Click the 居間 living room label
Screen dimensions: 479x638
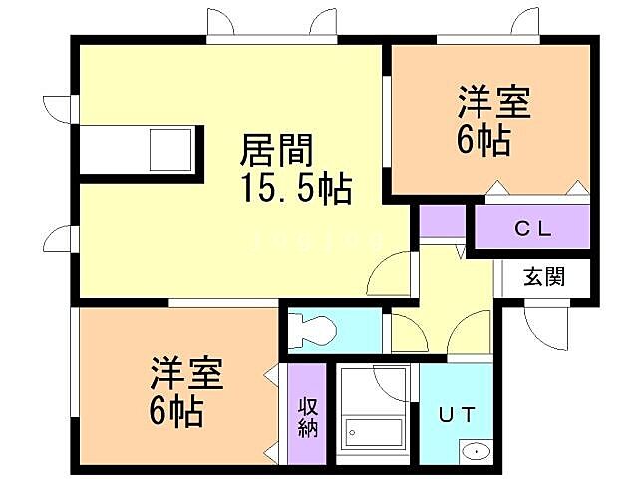pos(276,152)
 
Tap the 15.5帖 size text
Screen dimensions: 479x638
pos(294,188)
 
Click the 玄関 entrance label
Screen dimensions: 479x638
pos(545,276)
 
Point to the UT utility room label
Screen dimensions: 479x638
pos(457,413)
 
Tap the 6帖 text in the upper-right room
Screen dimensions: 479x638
pos(484,140)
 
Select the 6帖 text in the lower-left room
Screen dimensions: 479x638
pos(177,411)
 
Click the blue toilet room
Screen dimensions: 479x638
pos(334,331)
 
